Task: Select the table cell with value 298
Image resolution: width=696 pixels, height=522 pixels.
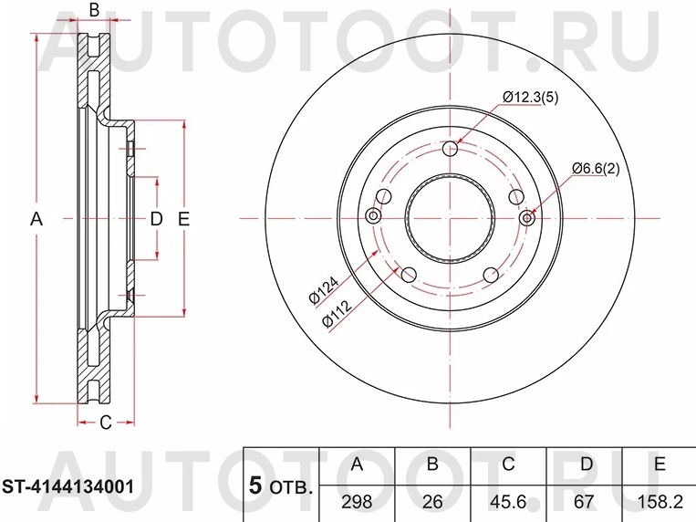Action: (x=357, y=501)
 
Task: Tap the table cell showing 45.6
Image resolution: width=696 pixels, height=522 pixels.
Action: (x=508, y=501)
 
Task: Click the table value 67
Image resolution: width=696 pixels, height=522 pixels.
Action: (x=584, y=501)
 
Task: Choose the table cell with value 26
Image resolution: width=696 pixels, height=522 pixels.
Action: (x=432, y=501)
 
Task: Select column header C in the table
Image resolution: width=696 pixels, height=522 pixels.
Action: (x=508, y=465)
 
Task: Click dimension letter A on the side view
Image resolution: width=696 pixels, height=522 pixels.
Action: (x=37, y=219)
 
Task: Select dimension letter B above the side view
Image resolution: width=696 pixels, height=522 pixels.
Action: (x=93, y=11)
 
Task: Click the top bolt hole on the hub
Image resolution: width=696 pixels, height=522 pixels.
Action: (x=451, y=150)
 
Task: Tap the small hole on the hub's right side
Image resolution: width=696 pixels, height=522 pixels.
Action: (x=526, y=218)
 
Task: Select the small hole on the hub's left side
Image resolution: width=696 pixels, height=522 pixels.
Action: (x=374, y=217)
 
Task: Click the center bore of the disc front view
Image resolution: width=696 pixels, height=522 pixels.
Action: (x=450, y=218)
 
